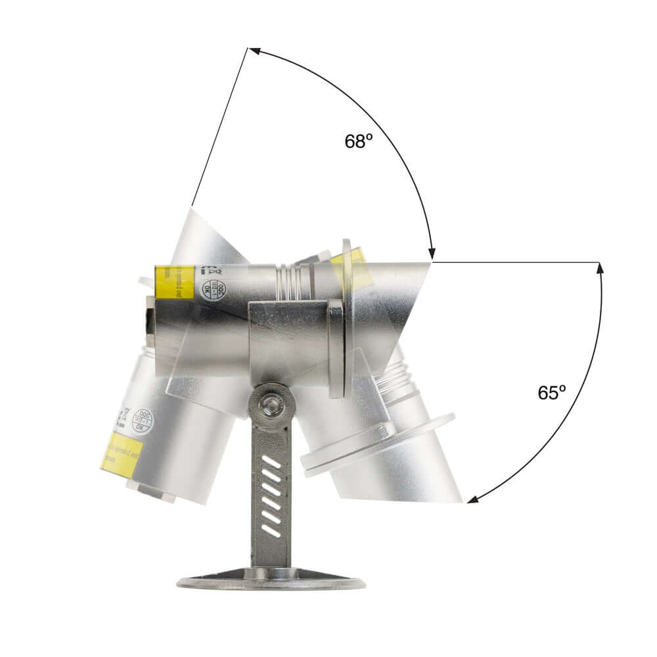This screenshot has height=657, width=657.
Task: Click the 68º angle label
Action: click(359, 141)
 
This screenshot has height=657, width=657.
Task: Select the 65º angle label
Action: click(552, 392)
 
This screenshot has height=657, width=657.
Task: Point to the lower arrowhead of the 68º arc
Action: click(431, 254)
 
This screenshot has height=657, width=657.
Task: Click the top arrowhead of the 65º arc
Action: click(599, 268)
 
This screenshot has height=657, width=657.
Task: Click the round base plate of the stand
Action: click(271, 581)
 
